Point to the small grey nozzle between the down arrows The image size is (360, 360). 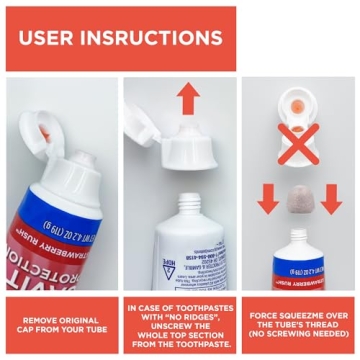pos(299,199)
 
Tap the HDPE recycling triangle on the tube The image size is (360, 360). pos(169,271)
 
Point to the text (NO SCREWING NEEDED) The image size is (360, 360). pos(298,331)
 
